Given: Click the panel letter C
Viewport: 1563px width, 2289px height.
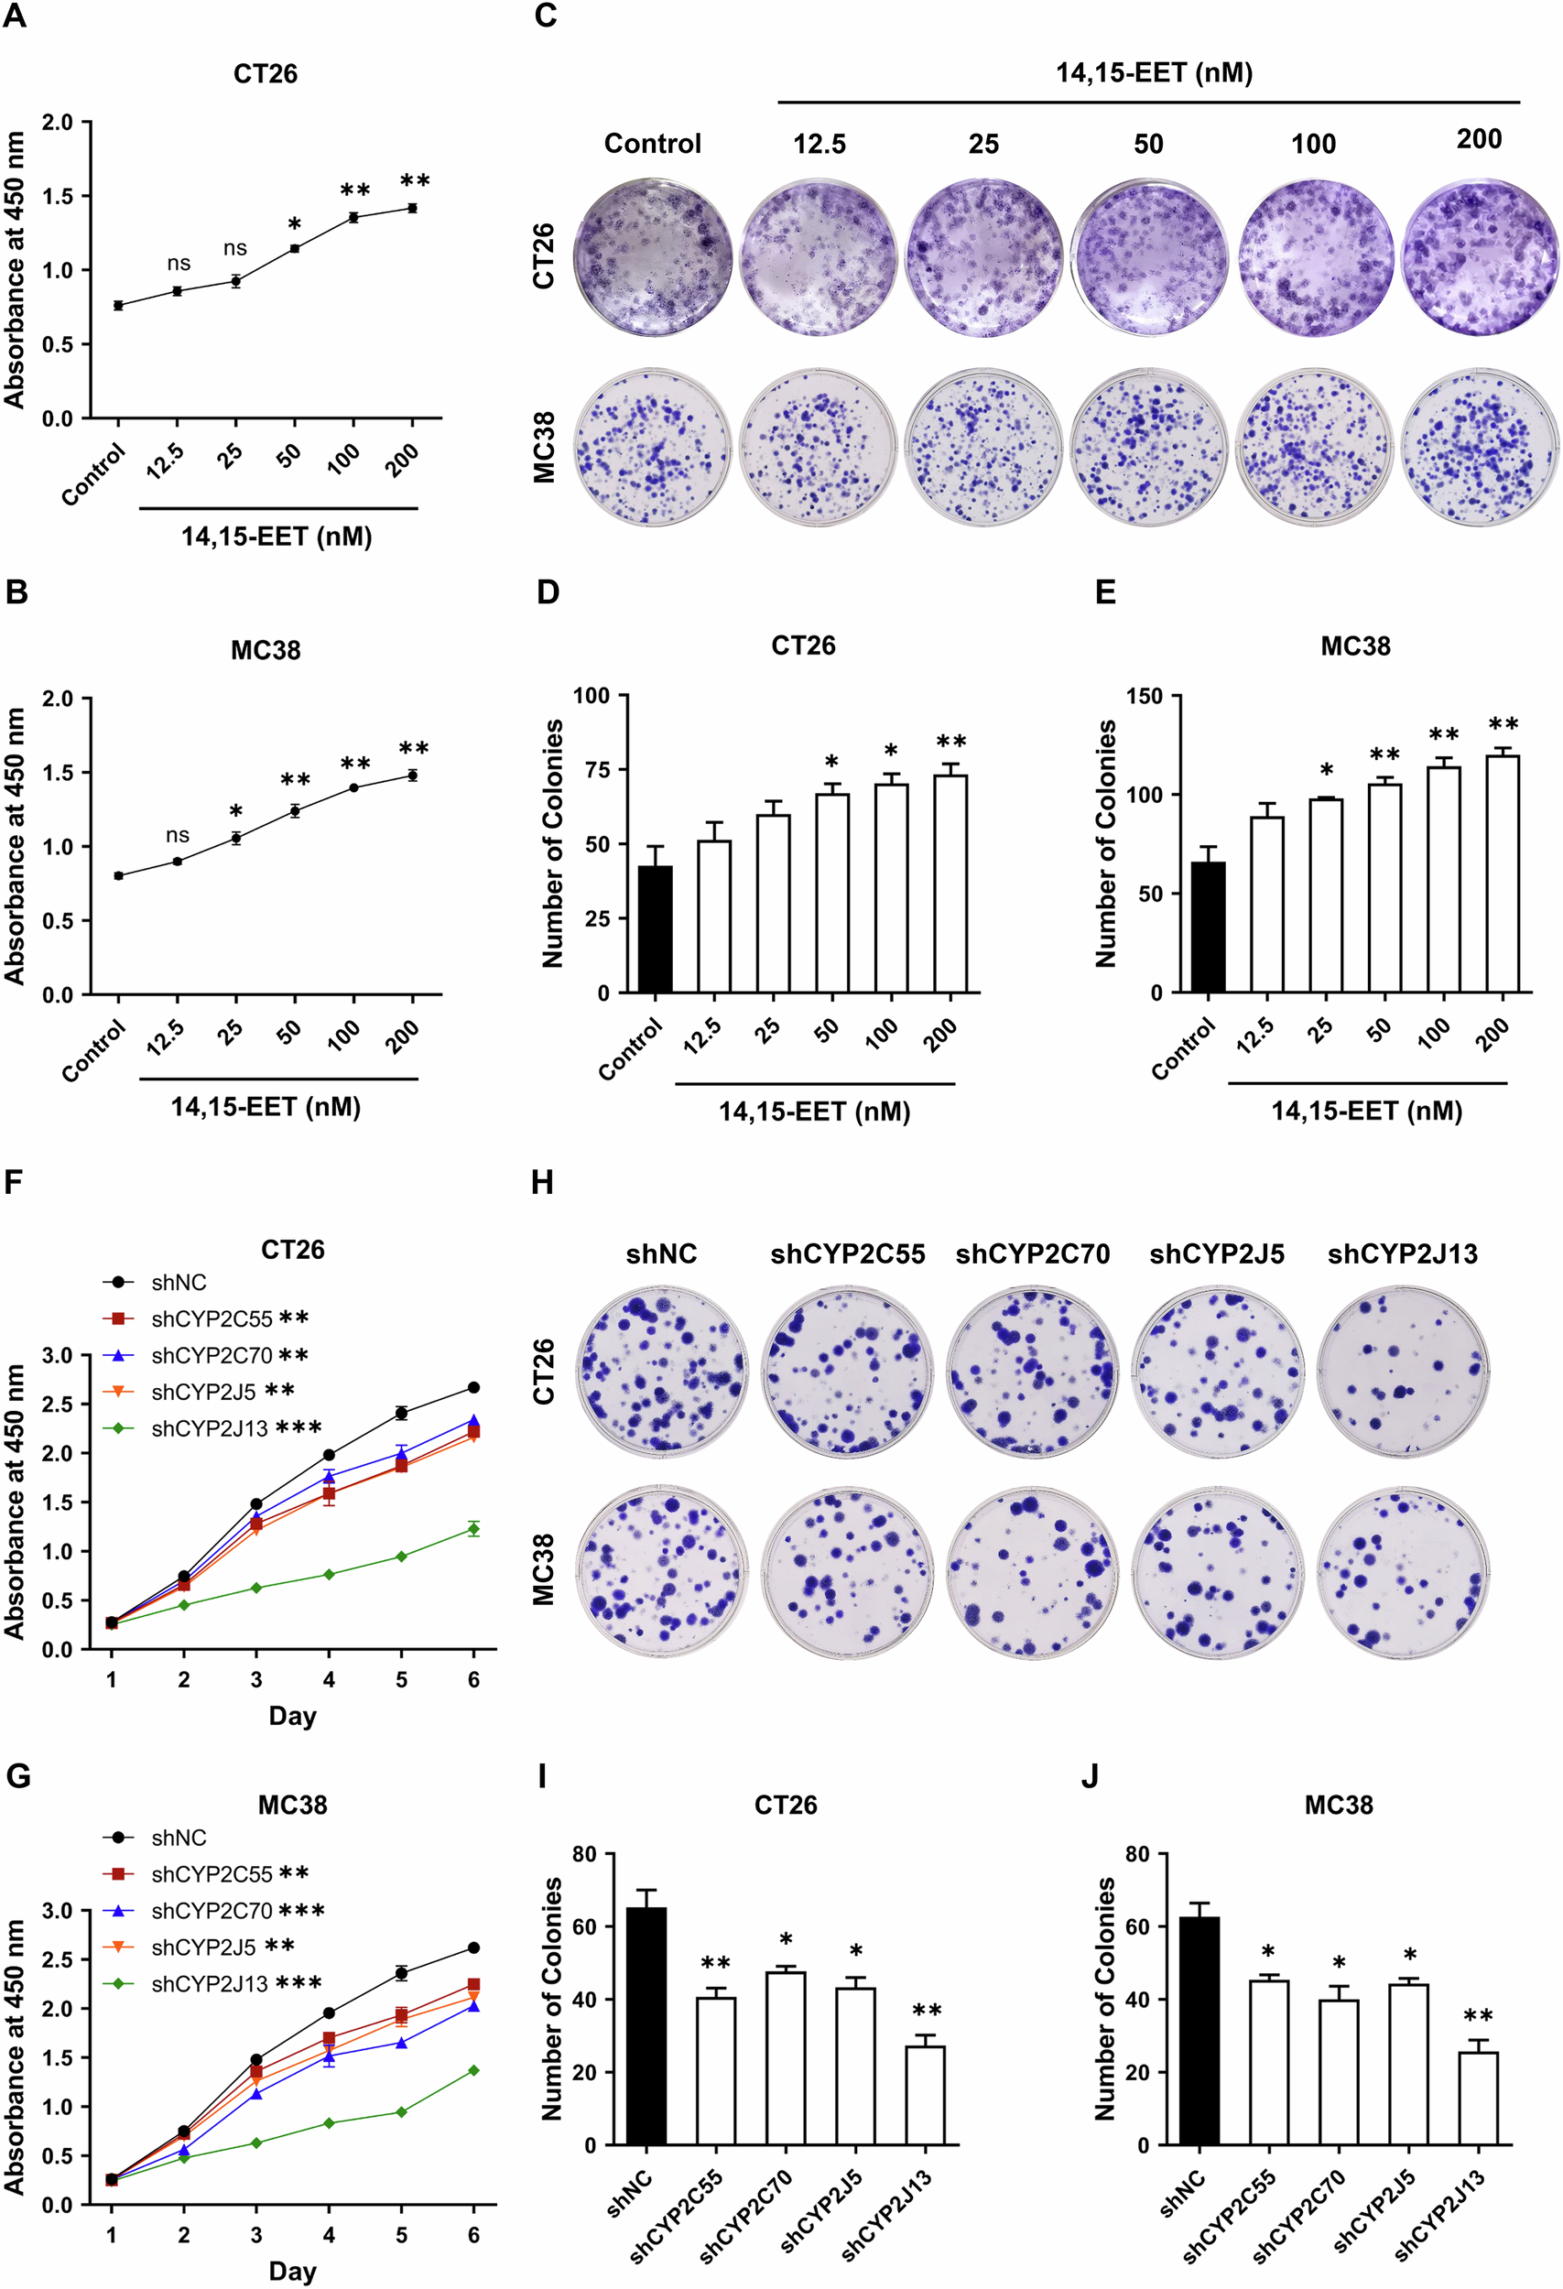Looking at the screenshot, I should click(x=545, y=16).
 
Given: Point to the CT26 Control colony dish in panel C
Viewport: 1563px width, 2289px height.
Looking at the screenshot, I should click(x=653, y=257).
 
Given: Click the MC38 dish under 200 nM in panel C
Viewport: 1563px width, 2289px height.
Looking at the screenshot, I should click(x=1480, y=448).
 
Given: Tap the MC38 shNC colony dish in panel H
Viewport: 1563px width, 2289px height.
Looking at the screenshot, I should click(x=661, y=1574).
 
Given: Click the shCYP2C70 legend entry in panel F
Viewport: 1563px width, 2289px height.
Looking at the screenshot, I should click(x=211, y=1356).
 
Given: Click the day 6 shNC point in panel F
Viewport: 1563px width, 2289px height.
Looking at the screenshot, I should click(x=473, y=1388).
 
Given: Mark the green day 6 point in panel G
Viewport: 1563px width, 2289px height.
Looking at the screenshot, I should click(x=473, y=2070).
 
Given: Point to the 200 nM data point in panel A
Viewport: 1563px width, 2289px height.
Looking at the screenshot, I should click(x=413, y=208).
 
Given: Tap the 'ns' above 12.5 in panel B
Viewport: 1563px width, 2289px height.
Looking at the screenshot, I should click(x=178, y=835).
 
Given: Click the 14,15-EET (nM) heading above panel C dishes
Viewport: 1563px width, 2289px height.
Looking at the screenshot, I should click(x=1154, y=73).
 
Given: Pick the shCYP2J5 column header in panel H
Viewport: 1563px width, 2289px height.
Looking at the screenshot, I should click(x=1216, y=1253).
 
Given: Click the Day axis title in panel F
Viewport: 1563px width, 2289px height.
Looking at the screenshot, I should click(x=292, y=1717).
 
